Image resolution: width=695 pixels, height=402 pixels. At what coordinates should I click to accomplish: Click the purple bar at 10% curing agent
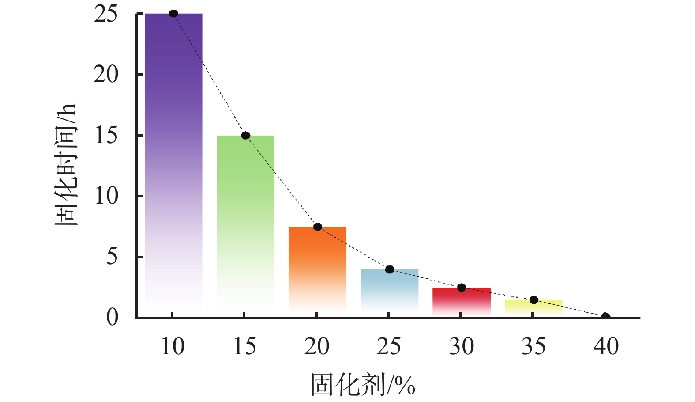click(173, 163)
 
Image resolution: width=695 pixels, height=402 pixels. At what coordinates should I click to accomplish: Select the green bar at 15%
click(245, 221)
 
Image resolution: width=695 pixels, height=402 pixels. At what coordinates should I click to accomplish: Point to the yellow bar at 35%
click(533, 307)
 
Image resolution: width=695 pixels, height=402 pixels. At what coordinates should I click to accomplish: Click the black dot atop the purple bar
click(173, 14)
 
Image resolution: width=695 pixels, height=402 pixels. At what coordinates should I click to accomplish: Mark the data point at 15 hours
click(245, 135)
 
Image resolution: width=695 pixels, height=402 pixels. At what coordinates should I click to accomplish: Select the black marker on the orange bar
click(317, 227)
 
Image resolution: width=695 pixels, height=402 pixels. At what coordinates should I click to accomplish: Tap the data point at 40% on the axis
click(605, 316)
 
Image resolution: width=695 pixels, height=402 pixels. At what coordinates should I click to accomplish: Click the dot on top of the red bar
click(462, 288)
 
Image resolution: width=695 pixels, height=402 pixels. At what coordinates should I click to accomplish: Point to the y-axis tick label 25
click(106, 14)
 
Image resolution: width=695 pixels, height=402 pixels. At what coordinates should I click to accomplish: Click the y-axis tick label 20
click(106, 75)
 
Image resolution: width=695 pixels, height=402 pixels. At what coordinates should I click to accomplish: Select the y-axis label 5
click(112, 257)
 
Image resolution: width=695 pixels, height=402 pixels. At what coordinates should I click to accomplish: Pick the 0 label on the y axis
click(112, 317)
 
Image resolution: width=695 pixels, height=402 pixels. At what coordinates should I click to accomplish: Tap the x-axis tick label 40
click(606, 346)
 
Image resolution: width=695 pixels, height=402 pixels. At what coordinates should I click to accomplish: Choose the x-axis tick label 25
click(389, 346)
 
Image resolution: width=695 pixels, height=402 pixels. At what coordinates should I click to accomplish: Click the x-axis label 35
click(533, 346)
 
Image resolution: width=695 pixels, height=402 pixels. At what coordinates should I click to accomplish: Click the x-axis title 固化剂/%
click(363, 385)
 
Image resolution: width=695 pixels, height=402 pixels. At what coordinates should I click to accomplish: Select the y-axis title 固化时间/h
click(65, 164)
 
